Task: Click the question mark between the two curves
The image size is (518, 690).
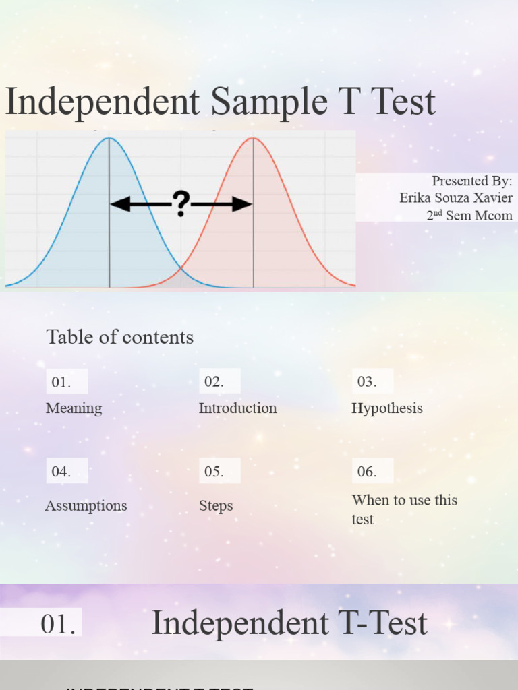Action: pyautogui.click(x=181, y=203)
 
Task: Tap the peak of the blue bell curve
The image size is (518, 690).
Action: pyautogui.click(x=109, y=139)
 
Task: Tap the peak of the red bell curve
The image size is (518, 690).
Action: pyautogui.click(x=253, y=139)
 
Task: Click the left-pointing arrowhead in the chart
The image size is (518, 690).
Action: pyautogui.click(x=119, y=203)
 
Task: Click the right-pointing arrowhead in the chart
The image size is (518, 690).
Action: pyautogui.click(x=243, y=203)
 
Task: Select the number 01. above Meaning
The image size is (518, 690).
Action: pyautogui.click(x=61, y=382)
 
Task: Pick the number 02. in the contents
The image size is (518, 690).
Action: pyautogui.click(x=214, y=381)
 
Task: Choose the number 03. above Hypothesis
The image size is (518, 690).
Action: pyautogui.click(x=367, y=381)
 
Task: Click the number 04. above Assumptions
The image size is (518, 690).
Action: pyautogui.click(x=61, y=472)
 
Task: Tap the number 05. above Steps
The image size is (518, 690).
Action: pyautogui.click(x=214, y=472)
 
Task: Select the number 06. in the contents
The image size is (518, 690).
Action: pyautogui.click(x=367, y=472)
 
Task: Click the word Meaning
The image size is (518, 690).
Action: pyautogui.click(x=74, y=408)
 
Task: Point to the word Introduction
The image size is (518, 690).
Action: pyautogui.click(x=237, y=408)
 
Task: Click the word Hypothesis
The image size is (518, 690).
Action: pyautogui.click(x=387, y=408)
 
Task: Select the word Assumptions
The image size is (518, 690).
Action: pyautogui.click(x=86, y=505)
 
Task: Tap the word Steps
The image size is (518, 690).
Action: pyautogui.click(x=216, y=505)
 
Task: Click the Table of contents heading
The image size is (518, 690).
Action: pyautogui.click(x=120, y=337)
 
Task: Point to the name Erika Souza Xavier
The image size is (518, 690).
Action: pyautogui.click(x=456, y=198)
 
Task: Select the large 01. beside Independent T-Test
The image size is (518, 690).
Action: pyautogui.click(x=58, y=624)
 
